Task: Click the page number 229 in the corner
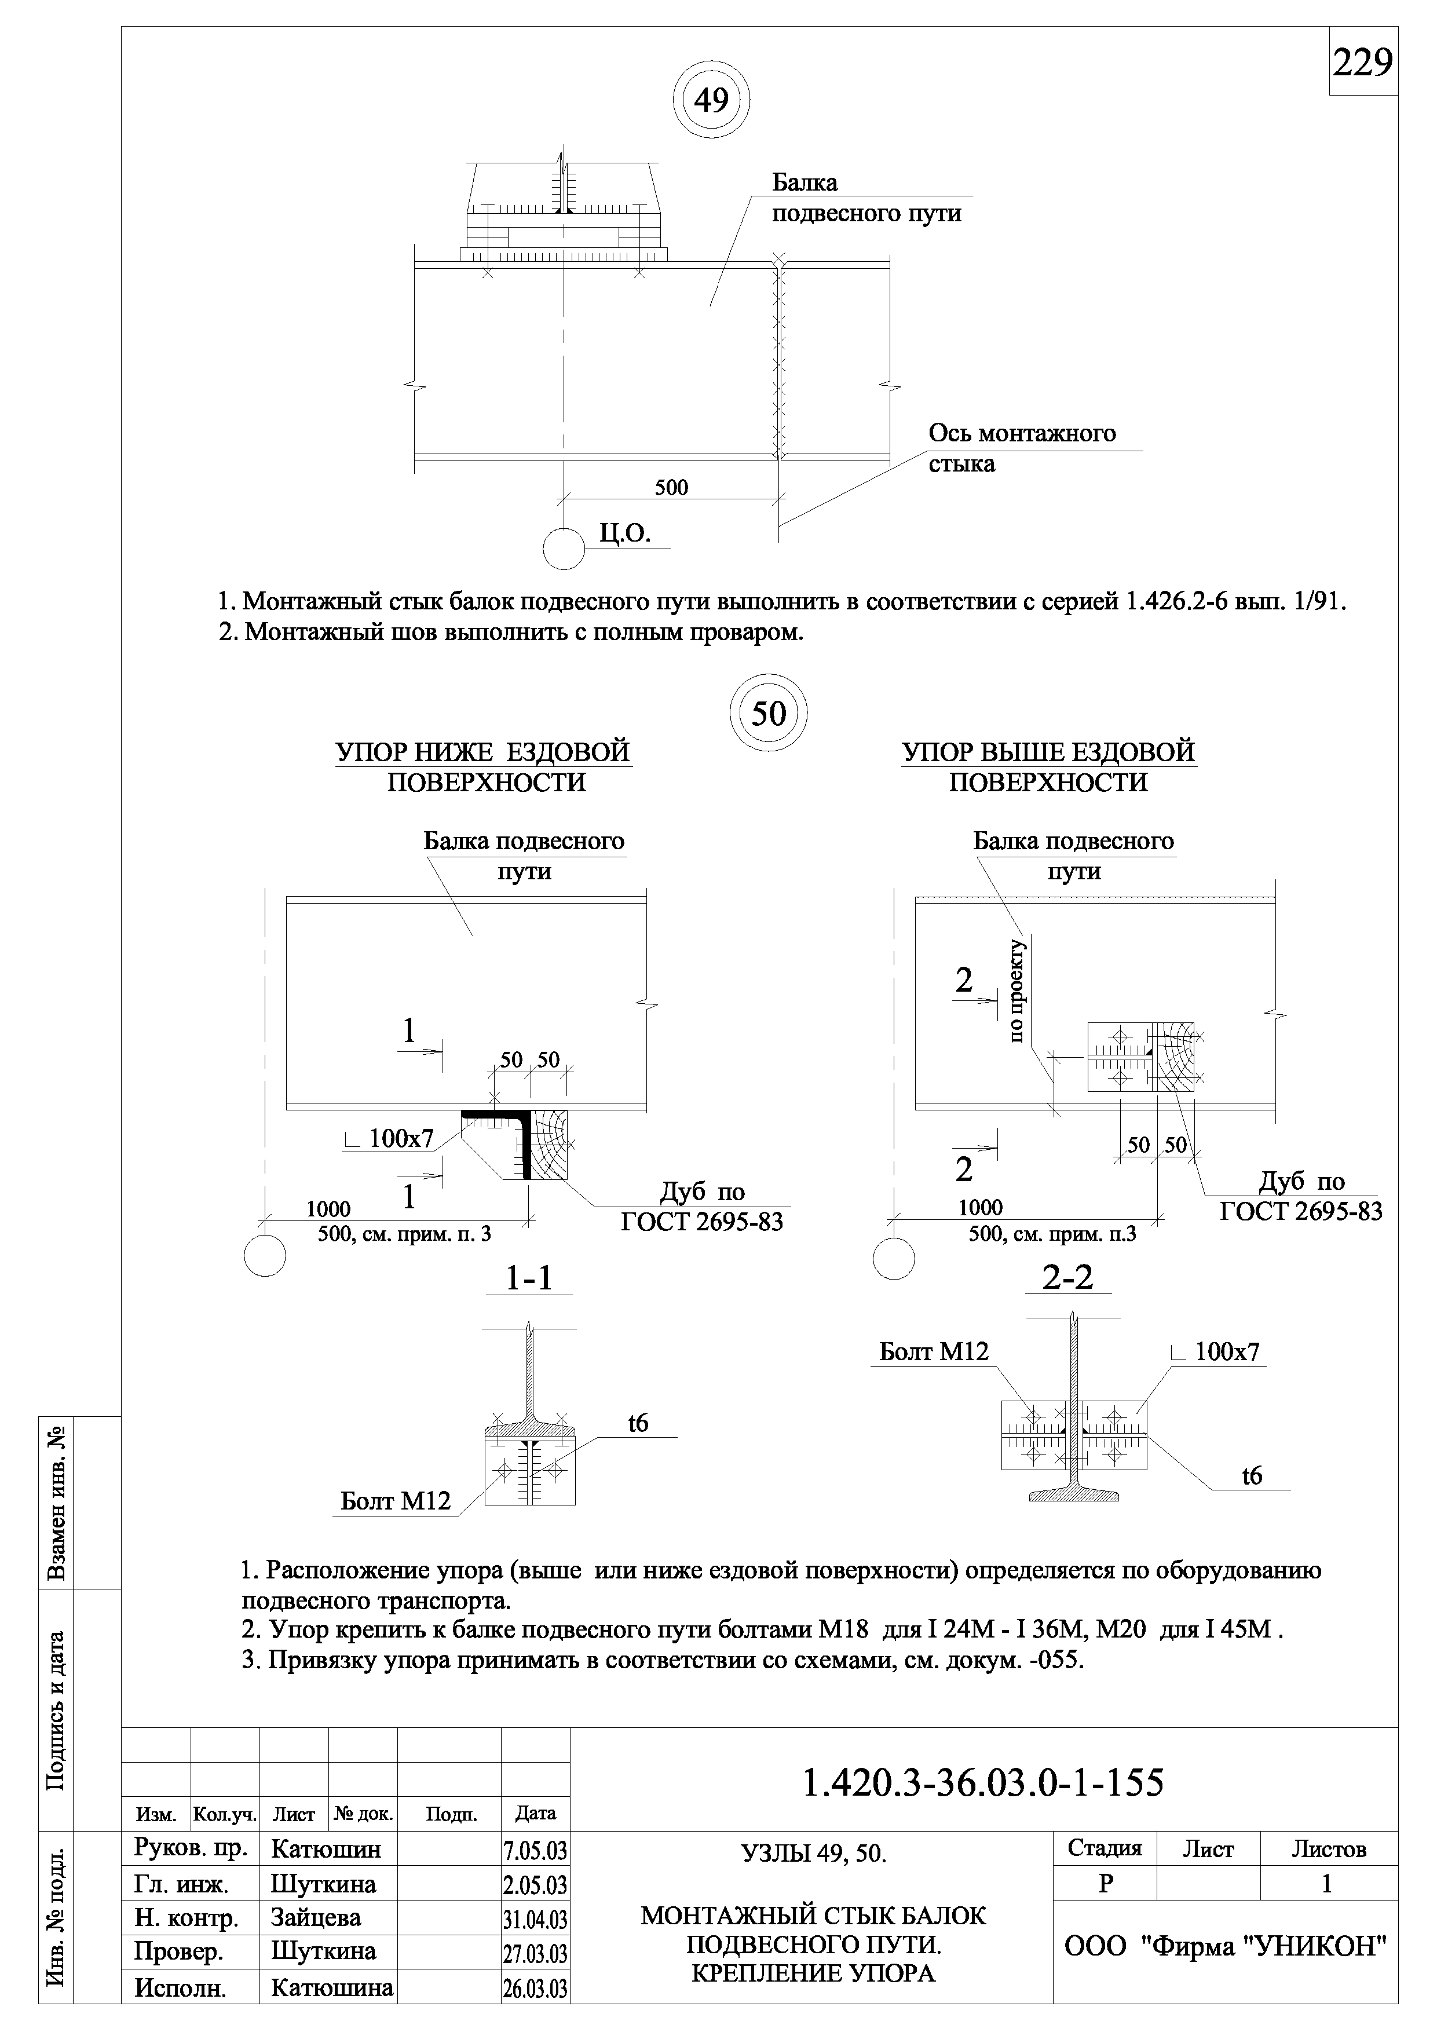coord(1363,63)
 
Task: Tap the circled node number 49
coord(711,101)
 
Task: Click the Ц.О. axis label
coord(625,533)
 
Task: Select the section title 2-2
coord(1068,1277)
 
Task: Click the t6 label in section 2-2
coord(1252,1475)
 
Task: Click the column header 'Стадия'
coord(1105,1849)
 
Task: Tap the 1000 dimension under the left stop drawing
coord(328,1209)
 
